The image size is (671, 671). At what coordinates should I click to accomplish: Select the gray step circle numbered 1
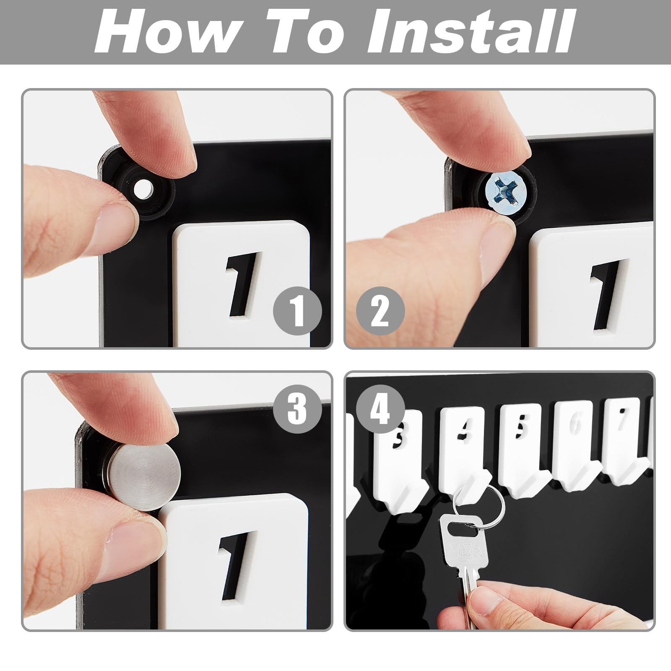pos(297,311)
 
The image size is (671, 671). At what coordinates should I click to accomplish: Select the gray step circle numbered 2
pos(380,311)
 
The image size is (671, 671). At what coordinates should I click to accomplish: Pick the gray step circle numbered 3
pos(297,409)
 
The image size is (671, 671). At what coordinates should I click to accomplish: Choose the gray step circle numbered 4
pos(380,409)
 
